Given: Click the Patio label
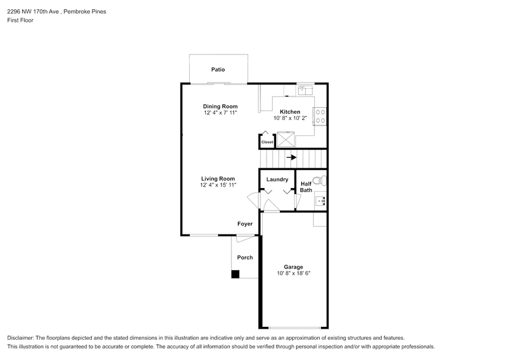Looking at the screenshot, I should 217,70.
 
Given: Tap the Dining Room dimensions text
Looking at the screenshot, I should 221,113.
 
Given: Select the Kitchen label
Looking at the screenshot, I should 290,111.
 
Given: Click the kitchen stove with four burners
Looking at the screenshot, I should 320,116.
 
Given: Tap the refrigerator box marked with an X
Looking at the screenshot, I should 285,140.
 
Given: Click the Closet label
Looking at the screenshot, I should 267,142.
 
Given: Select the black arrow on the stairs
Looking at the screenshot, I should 292,157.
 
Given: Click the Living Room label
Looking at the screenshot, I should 218,179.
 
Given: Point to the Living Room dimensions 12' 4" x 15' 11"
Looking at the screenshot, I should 218,185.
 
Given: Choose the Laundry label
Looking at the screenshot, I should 277,179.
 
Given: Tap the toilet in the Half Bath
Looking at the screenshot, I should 319,181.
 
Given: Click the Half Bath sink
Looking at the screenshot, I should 320,200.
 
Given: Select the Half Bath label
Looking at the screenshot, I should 306,187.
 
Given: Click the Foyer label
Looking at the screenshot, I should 245,224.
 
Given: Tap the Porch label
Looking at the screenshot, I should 245,257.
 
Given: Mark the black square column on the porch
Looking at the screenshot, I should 235,274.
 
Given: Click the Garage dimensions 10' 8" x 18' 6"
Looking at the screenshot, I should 293,273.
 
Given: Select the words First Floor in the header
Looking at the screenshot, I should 20,20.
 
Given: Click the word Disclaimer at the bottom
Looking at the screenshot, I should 22,338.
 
